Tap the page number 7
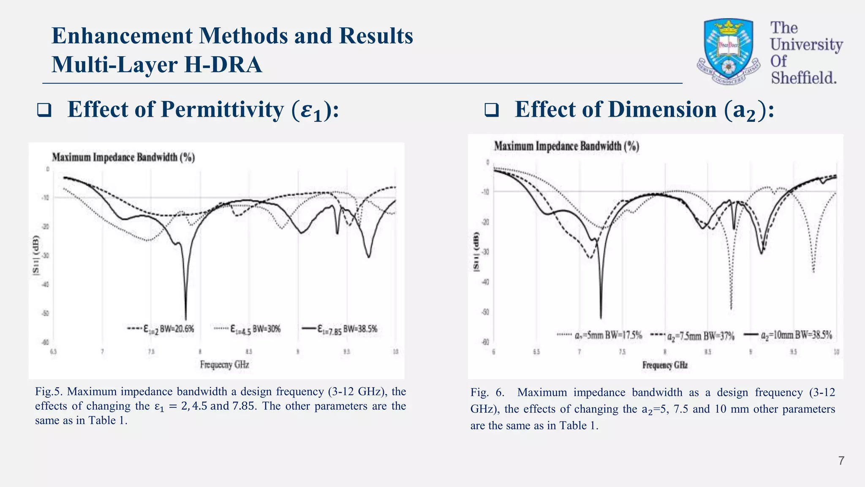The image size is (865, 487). click(x=841, y=461)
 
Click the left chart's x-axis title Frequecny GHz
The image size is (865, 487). click(x=224, y=364)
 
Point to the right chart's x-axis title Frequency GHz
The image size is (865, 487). click(x=665, y=365)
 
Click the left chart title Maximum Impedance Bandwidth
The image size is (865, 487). click(x=123, y=157)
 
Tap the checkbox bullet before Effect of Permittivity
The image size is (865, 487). click(x=44, y=110)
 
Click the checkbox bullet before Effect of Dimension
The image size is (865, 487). click(x=491, y=110)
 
